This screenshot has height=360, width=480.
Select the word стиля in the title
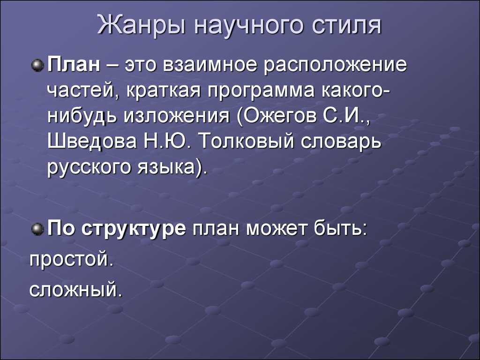(x=347, y=27)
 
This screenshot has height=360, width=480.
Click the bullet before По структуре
(x=38, y=229)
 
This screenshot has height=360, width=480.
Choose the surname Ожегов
(x=272, y=115)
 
